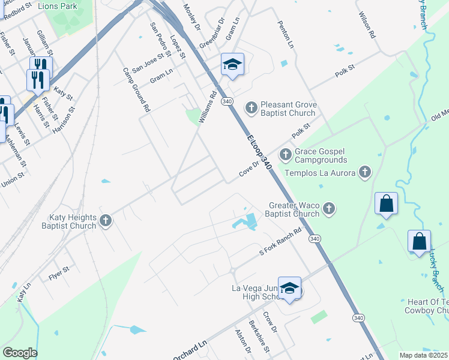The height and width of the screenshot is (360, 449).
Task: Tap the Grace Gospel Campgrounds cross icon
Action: tap(286, 155)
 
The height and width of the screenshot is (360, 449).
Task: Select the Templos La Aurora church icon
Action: tap(364, 173)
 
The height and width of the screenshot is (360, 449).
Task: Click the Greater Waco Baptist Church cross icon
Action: tap(328, 209)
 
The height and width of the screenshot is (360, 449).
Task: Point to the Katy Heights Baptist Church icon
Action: tap(106, 221)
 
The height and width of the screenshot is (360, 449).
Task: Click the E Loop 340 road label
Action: tap(259, 150)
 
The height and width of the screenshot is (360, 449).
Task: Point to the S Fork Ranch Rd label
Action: tap(280, 243)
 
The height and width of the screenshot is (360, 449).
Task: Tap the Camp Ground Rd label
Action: tap(136, 90)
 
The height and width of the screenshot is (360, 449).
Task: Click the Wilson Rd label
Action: tap(366, 25)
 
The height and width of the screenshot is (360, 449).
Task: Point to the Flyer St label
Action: tap(59, 273)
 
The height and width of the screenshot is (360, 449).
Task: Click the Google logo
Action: tap(20, 353)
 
